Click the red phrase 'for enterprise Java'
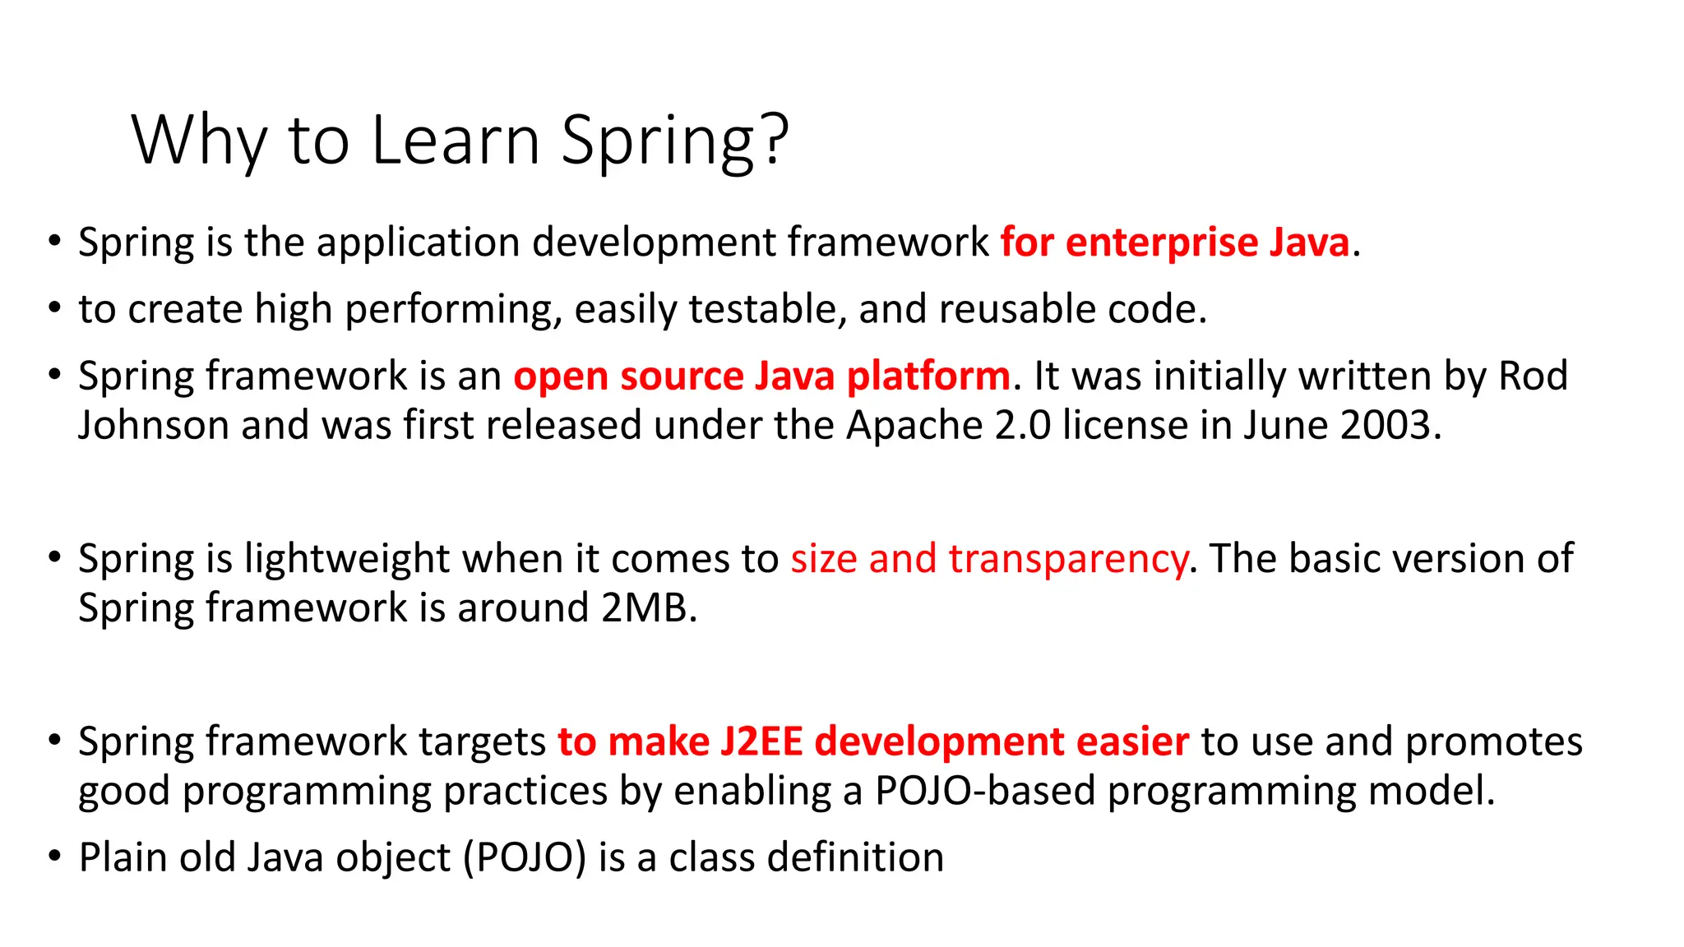pyautogui.click(x=1174, y=243)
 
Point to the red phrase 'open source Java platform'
pyautogui.click(x=761, y=376)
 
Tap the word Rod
pyautogui.click(x=1533, y=376)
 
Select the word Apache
pyautogui.click(x=914, y=426)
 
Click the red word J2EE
pyautogui.click(x=761, y=741)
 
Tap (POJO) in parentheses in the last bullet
pyautogui.click(x=525, y=857)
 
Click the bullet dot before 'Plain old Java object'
pyautogui.click(x=54, y=857)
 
